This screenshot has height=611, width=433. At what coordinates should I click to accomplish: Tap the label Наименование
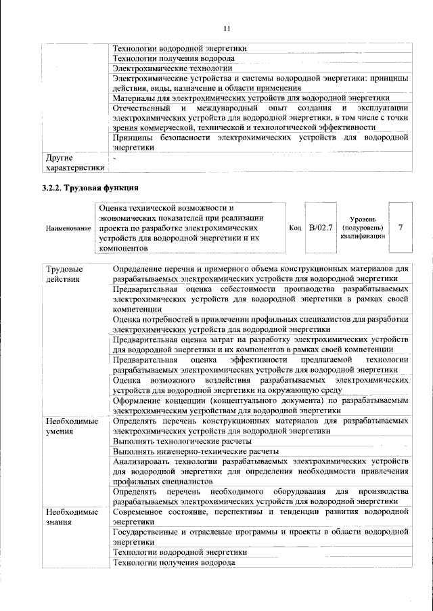coord(68,229)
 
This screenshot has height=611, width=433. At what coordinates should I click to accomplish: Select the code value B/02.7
coord(321,228)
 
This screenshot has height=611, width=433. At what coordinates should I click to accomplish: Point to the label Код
coord(295,228)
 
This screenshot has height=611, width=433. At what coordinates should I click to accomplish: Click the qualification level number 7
coord(401,228)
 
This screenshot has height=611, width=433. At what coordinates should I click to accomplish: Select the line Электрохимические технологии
coord(172,68)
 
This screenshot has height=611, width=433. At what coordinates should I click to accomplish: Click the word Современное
coord(141,513)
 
